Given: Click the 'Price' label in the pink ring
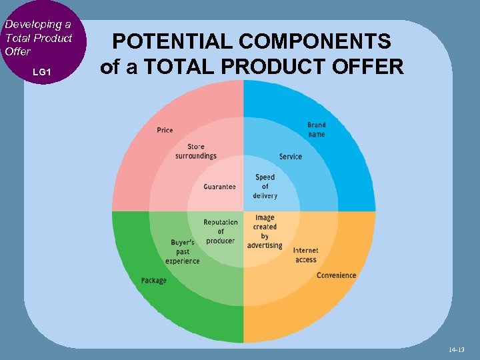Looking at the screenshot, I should [x=165, y=130].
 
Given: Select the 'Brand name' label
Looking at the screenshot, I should [x=317, y=129].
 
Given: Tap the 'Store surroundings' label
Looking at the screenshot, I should [x=196, y=151].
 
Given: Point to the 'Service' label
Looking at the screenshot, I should [x=291, y=157].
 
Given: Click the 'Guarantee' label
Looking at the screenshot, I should [x=219, y=187].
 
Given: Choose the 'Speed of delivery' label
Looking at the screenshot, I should [x=265, y=187].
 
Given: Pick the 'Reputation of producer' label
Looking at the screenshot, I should [x=221, y=231].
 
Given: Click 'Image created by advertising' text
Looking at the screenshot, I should [x=265, y=231].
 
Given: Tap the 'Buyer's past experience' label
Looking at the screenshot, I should [x=183, y=251].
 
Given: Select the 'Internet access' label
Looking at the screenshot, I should [x=306, y=255].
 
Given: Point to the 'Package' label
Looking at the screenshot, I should [x=154, y=281].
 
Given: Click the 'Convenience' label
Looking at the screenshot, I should [x=337, y=275].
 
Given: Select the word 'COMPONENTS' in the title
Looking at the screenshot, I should [x=313, y=42].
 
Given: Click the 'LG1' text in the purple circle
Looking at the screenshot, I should [x=41, y=71].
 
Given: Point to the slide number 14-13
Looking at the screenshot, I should [x=456, y=349].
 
